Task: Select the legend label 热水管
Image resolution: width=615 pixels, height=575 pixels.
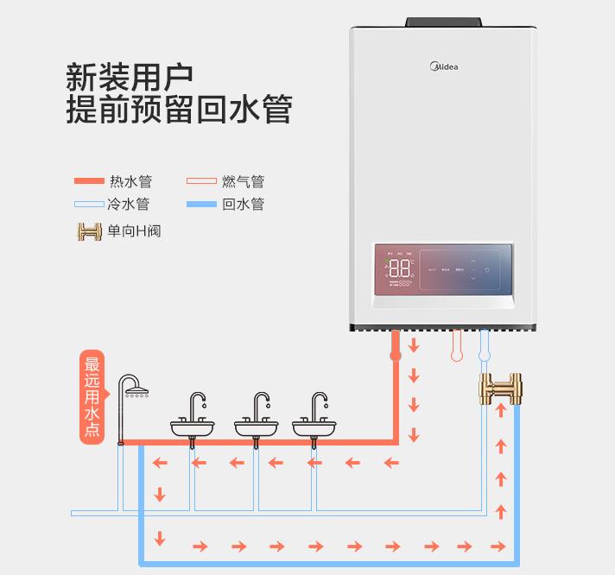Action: (x=130, y=181)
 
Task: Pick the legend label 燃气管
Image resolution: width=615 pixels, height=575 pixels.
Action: (x=243, y=181)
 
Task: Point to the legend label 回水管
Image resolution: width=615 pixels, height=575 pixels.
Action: (x=243, y=205)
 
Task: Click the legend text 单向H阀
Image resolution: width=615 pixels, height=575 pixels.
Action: (x=134, y=231)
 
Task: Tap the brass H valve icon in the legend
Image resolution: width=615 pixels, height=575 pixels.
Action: (x=89, y=231)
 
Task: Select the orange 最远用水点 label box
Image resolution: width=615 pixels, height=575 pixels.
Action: (x=92, y=396)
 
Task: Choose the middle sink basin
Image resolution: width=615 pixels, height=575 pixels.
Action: (x=257, y=427)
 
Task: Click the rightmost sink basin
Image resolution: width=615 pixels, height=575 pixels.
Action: (x=315, y=427)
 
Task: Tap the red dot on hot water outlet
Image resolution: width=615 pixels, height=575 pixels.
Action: (x=396, y=355)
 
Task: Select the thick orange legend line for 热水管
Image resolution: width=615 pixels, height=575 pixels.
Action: (x=87, y=181)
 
